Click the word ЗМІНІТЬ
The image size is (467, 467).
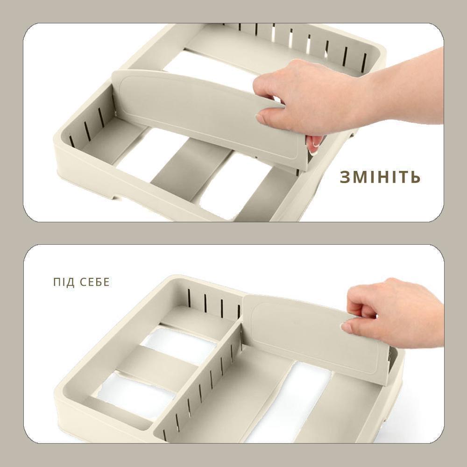click(x=380, y=177)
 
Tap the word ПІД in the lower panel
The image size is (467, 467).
click(x=64, y=282)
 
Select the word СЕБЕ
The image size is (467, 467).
click(x=95, y=282)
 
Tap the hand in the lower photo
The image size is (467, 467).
click(x=393, y=313)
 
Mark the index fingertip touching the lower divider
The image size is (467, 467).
click(x=346, y=328)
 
